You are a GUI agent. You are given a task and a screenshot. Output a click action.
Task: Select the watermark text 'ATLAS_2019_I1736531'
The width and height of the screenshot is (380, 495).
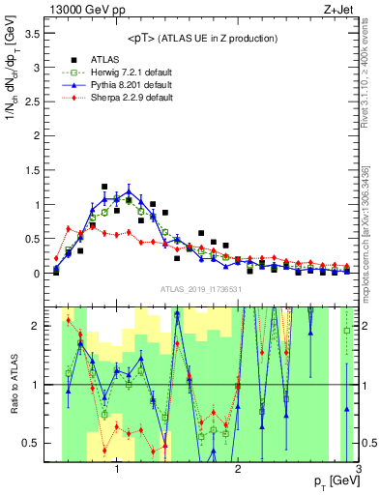tap(202, 289)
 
